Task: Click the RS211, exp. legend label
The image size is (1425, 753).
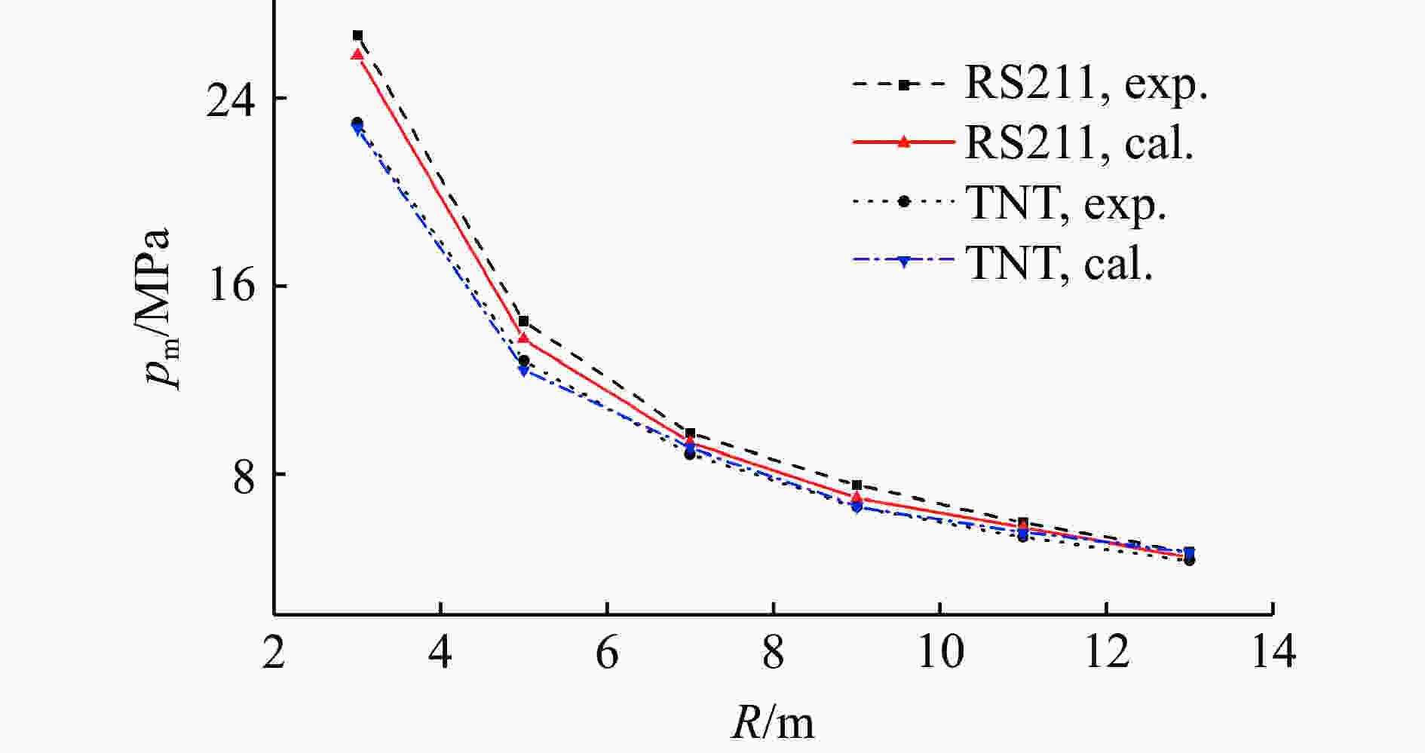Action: click(1086, 84)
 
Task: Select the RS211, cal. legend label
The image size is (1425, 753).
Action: click(1079, 142)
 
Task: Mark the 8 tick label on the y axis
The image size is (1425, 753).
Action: click(244, 475)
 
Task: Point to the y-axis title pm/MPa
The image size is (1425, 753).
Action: click(160, 308)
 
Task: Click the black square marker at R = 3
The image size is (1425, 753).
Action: click(357, 35)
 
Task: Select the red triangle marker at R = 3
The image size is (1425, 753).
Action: click(357, 54)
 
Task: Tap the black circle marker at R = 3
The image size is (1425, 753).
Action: click(357, 122)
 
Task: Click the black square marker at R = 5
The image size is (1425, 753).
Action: click(524, 321)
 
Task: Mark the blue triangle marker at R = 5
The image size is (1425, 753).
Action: click(524, 371)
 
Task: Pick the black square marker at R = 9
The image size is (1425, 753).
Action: click(857, 485)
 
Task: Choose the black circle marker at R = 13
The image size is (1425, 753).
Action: click(1190, 560)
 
